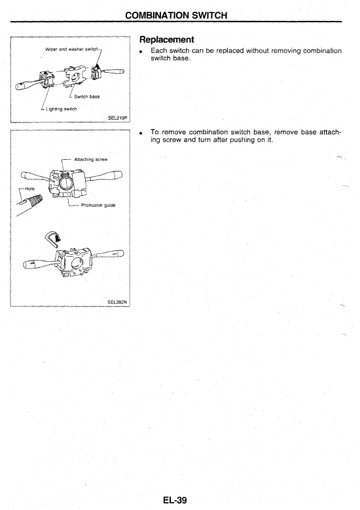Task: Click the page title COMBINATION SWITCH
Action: pyautogui.click(x=176, y=15)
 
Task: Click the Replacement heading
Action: pyautogui.click(x=166, y=40)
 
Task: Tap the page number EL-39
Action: pyautogui.click(x=175, y=500)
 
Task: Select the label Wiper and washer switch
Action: pyautogui.click(x=71, y=50)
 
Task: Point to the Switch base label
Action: pyautogui.click(x=87, y=97)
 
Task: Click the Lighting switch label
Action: pyautogui.click(x=61, y=109)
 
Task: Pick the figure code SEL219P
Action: pyautogui.click(x=117, y=118)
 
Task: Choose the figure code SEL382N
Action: pyautogui.click(x=117, y=302)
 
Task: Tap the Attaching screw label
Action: pyautogui.click(x=91, y=159)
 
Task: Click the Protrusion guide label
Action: pyautogui.click(x=98, y=205)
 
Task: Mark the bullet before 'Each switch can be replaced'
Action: pyautogui.click(x=141, y=52)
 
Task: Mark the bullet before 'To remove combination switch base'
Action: pyautogui.click(x=141, y=133)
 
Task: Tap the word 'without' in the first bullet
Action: pyautogui.click(x=257, y=51)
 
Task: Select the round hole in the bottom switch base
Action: pyautogui.click(x=79, y=263)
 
